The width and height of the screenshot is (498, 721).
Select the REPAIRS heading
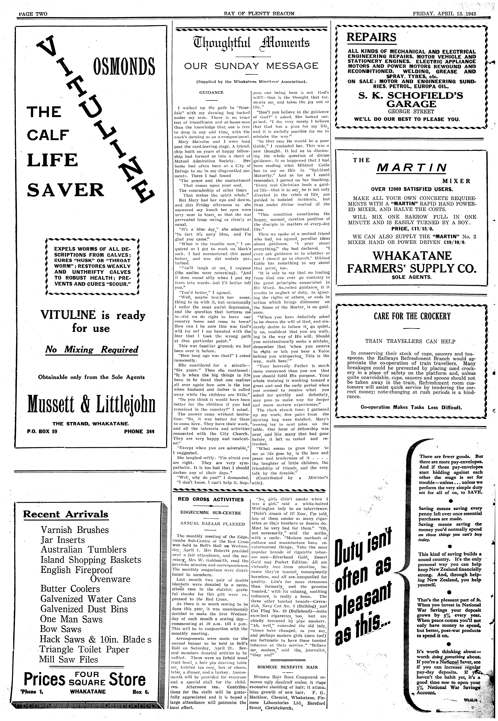371,37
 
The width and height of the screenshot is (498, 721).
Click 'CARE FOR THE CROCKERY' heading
412,316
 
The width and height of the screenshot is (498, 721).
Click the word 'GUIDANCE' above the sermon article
211,92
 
